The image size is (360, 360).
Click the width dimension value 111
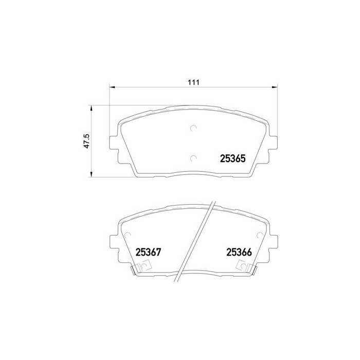click(x=193, y=82)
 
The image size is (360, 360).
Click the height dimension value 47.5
click(x=87, y=141)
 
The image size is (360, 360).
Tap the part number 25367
click(x=149, y=253)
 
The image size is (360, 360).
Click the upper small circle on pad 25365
click(x=193, y=128)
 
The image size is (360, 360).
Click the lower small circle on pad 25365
click(x=193, y=158)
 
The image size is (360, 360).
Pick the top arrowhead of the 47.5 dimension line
click(x=92, y=107)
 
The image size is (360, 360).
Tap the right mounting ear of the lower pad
click(x=273, y=241)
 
